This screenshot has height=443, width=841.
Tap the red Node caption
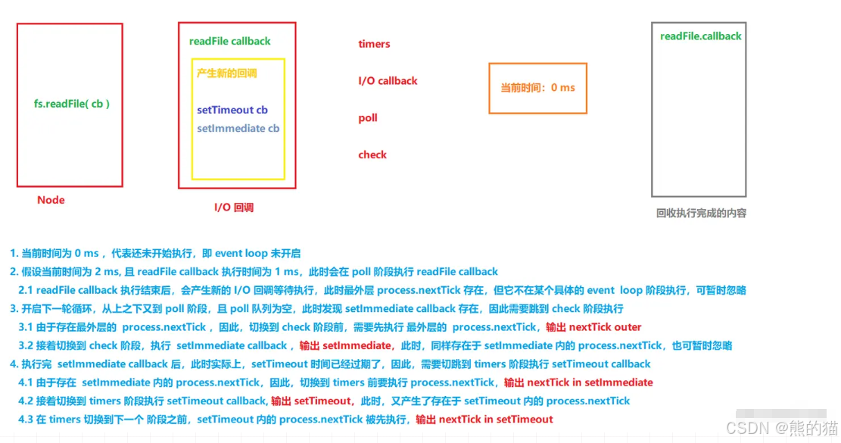tap(51, 200)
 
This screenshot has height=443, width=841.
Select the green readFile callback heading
tap(229, 41)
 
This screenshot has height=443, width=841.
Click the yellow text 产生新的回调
tap(226, 73)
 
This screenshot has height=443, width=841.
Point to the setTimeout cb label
tap(232, 110)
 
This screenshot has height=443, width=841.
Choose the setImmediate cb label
tap(238, 128)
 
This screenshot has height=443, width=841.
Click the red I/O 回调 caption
tap(234, 206)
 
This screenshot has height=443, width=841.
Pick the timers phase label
tap(374, 44)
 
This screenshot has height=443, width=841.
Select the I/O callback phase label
tap(388, 80)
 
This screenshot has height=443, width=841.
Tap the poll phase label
tap(368, 117)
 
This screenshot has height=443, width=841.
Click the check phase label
tap(372, 154)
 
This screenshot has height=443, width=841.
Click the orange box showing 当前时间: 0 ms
tap(537, 88)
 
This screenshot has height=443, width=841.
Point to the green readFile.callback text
tap(700, 36)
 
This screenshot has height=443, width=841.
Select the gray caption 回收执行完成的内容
tap(701, 213)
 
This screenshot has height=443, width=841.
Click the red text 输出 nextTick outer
tap(593, 327)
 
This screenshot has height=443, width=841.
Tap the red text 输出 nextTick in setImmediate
tap(578, 382)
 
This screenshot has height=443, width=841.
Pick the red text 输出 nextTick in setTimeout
tap(484, 419)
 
